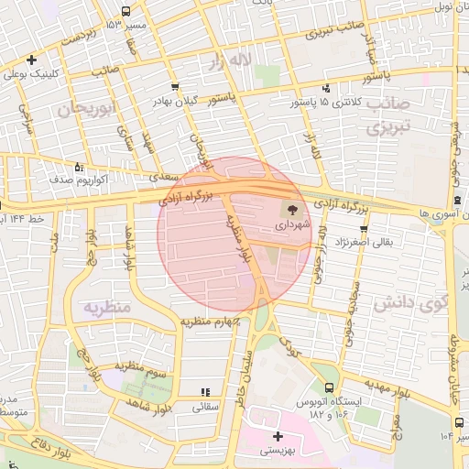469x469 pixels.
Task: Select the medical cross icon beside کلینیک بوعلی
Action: click(x=32, y=60)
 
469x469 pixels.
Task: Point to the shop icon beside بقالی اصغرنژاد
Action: click(x=365, y=229)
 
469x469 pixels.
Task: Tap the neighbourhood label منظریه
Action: click(x=109, y=307)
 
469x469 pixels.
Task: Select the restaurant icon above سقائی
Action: click(x=204, y=392)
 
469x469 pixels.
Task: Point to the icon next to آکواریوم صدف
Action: click(x=79, y=168)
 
